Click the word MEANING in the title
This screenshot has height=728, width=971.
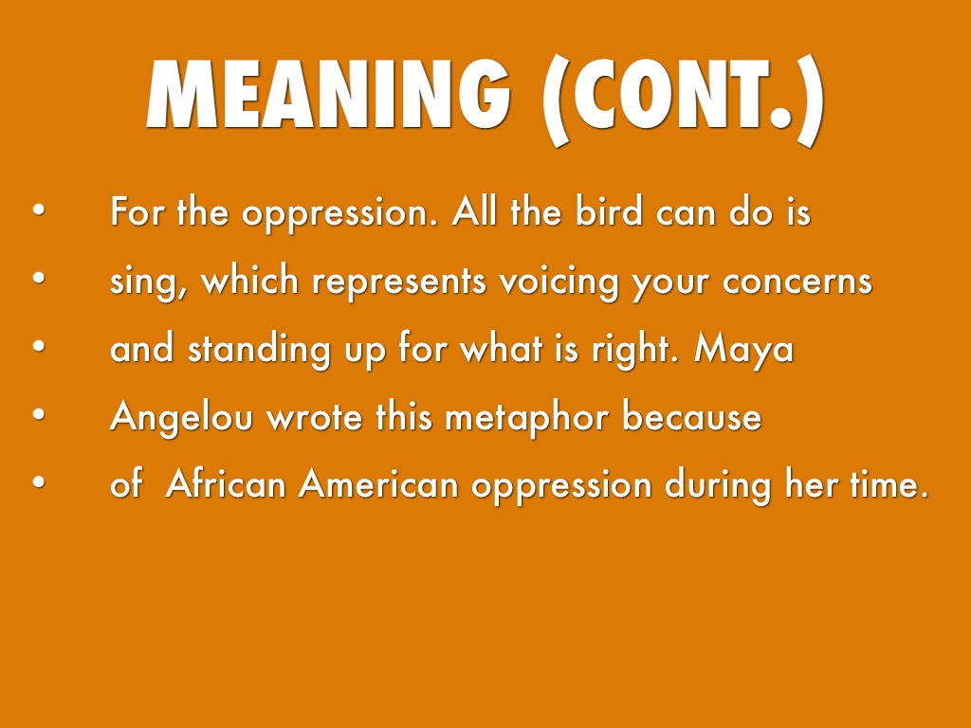(328, 94)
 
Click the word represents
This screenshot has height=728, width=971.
(399, 282)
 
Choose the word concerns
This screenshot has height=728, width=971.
(797, 282)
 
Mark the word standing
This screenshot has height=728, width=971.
(259, 349)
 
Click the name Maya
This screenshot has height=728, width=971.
(743, 351)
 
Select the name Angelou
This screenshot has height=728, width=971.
(181, 417)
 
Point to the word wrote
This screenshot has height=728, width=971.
(315, 417)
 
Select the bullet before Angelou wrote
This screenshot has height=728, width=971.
(39, 414)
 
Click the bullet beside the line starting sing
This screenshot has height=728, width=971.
(39, 278)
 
